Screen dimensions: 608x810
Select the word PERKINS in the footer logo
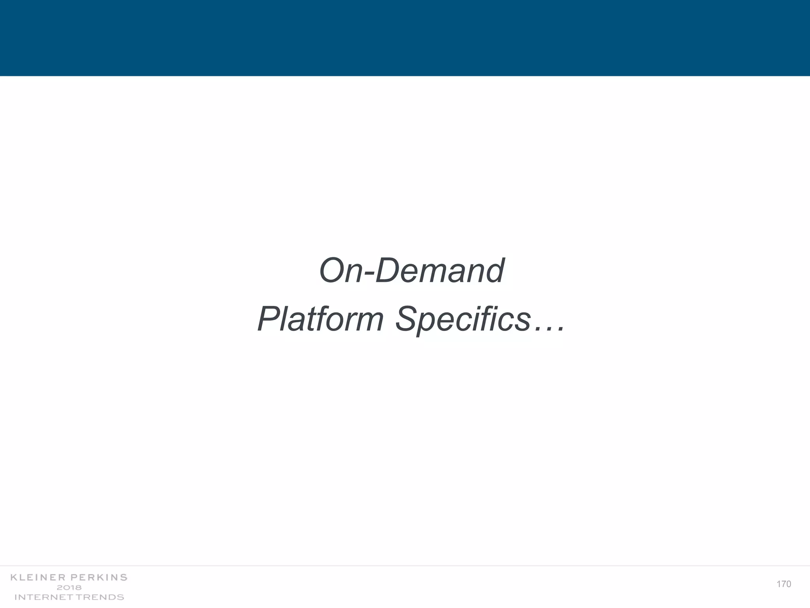pos(99,578)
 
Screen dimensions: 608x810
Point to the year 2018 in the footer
pos(69,587)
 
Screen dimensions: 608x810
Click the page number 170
pos(784,584)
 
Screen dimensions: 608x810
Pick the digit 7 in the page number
pos(784,584)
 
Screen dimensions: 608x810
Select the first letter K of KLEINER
pos(14,578)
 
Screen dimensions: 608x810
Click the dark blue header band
pos(405,38)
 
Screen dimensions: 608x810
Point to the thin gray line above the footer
pos(405,566)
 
